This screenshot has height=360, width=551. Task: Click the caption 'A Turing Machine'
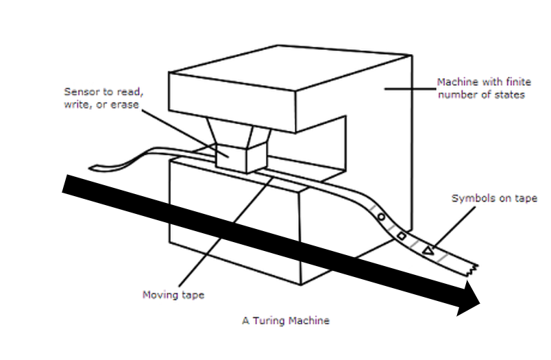286,320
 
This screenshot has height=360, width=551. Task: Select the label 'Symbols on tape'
493,199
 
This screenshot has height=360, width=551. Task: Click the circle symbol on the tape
380,217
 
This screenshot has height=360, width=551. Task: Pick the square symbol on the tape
402,237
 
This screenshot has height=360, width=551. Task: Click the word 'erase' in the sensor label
125,105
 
